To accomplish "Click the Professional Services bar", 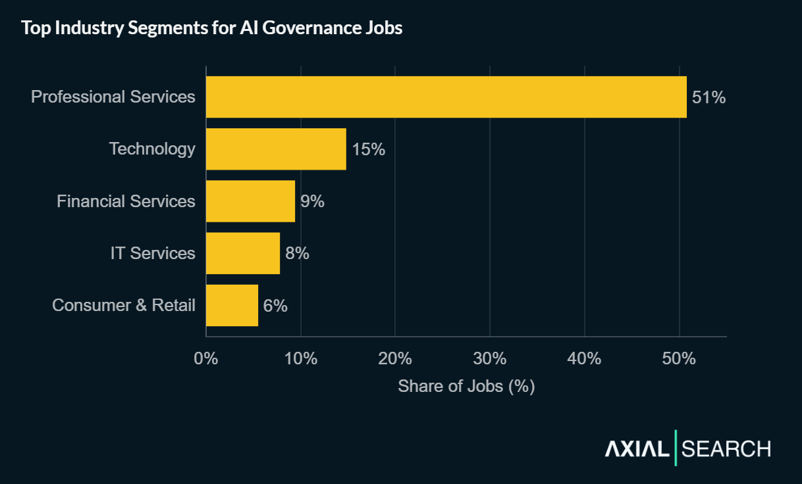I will point(446,97).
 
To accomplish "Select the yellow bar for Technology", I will point(276,149).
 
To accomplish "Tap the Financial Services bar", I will point(250,201).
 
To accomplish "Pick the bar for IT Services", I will point(243,253).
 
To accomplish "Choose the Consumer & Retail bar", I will point(232,305).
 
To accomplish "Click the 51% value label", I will point(708,97).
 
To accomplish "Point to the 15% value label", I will point(368,149).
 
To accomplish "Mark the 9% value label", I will point(312,201).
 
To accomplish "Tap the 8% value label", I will point(297,253).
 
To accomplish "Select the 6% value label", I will point(275,305).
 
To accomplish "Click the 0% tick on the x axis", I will point(206,359).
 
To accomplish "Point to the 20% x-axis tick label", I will point(395,359).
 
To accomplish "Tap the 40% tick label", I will point(585,359).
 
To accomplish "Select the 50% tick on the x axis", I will point(679,359).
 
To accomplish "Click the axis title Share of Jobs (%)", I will point(466,386).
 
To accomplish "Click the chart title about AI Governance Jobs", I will point(211,28).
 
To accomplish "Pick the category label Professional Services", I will point(113,97).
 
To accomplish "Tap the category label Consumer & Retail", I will point(124,305).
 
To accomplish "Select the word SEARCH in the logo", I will point(726,449).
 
